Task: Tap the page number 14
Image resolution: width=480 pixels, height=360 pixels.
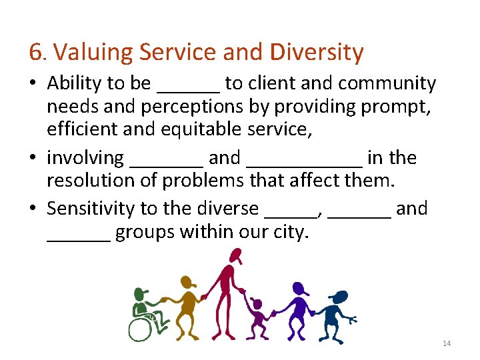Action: click(x=447, y=343)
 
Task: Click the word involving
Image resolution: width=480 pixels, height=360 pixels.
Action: click(x=85, y=158)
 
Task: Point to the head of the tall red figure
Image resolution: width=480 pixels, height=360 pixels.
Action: click(x=234, y=255)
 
